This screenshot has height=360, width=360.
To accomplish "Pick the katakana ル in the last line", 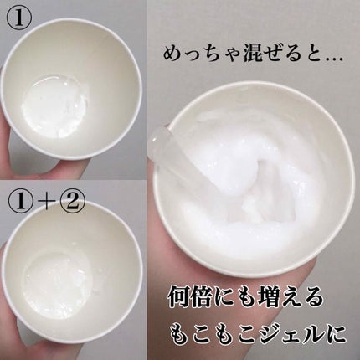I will coord(320,332).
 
